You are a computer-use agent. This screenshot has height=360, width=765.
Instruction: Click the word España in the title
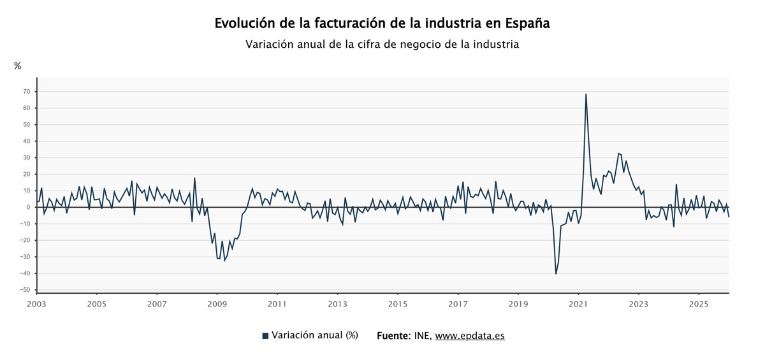click(x=527, y=24)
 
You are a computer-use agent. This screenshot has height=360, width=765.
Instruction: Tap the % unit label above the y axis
click(x=17, y=66)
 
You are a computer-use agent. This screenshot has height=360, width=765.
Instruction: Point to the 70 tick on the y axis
click(x=27, y=92)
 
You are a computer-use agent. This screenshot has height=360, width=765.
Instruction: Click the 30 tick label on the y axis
click(x=27, y=157)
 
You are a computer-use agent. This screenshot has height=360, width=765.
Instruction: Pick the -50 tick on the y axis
click(x=25, y=290)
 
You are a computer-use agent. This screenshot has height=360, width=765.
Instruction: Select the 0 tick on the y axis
click(x=29, y=207)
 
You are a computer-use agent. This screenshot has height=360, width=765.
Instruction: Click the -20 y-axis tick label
click(x=25, y=240)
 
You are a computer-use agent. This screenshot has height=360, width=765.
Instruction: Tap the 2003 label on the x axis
click(x=36, y=304)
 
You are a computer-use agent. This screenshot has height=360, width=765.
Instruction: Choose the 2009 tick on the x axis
click(x=217, y=304)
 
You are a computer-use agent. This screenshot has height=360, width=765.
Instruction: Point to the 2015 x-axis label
click(x=398, y=304)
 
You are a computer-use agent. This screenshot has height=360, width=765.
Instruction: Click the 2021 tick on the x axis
click(x=578, y=304)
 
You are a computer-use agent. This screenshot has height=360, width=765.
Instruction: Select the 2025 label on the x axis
click(x=699, y=304)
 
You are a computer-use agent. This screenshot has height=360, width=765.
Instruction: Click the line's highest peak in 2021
click(x=586, y=94)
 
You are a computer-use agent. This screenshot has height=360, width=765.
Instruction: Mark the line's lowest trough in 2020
click(x=556, y=274)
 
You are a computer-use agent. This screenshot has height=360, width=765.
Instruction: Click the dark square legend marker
click(x=265, y=336)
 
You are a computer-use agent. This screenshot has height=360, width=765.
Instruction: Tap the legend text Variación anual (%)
click(x=315, y=335)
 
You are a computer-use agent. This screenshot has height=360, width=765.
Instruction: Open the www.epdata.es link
click(x=470, y=336)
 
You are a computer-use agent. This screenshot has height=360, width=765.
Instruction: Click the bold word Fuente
click(x=393, y=335)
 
